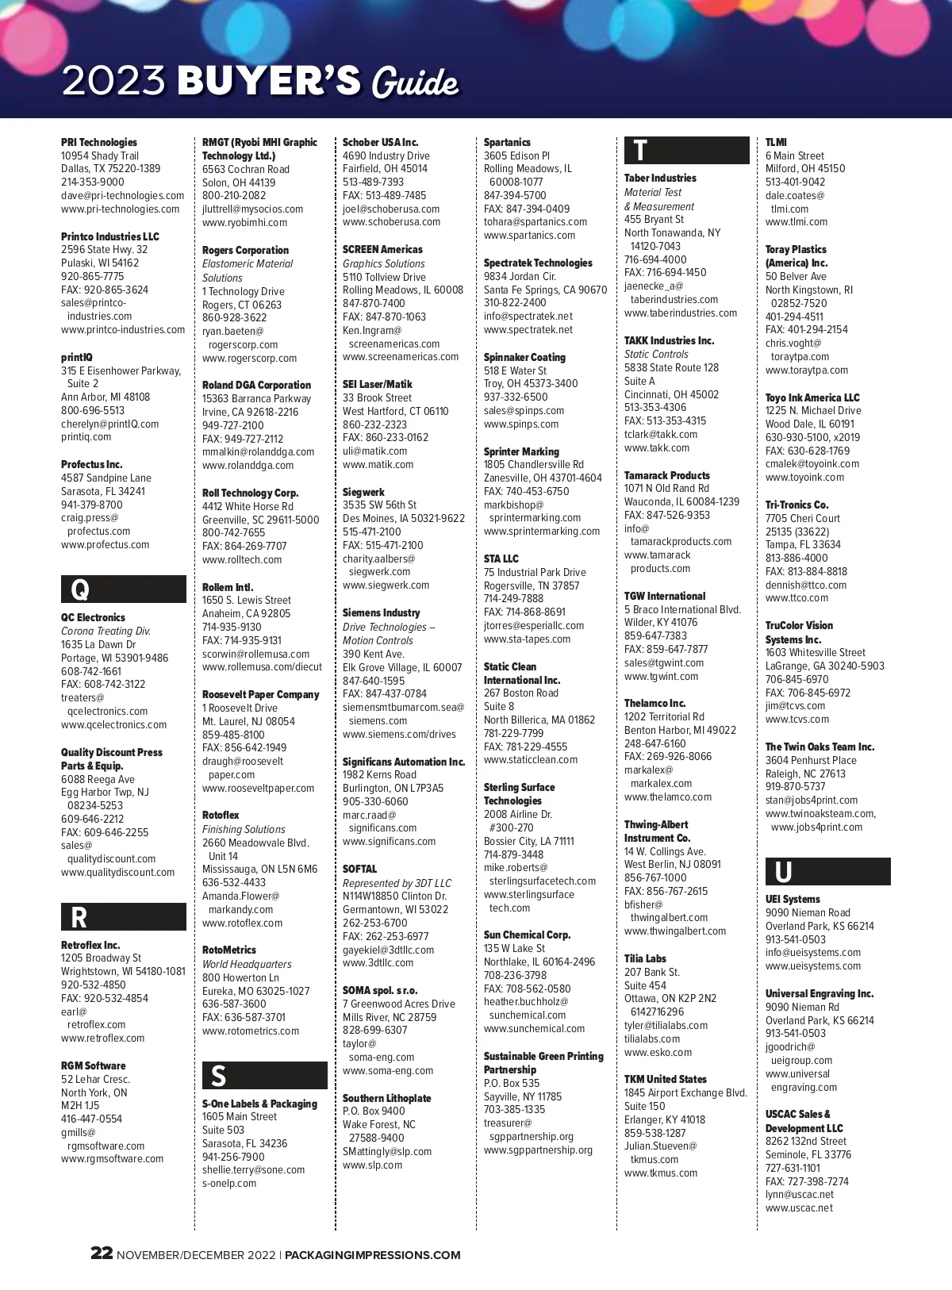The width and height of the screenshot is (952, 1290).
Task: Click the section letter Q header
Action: pyautogui.click(x=80, y=590)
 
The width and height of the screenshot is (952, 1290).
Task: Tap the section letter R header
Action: pyautogui.click(x=79, y=918)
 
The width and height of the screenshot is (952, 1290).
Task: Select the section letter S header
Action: pyautogui.click(x=218, y=1076)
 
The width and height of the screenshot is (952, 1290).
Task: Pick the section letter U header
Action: pyautogui.click(x=783, y=872)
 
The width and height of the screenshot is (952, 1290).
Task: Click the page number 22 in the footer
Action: pyautogui.click(x=102, y=1254)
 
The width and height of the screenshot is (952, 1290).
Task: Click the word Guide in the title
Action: pyautogui.click(x=416, y=83)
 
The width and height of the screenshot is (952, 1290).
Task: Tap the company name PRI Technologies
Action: pyautogui.click(x=99, y=143)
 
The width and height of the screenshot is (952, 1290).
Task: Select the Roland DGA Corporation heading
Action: pyautogui.click(x=256, y=386)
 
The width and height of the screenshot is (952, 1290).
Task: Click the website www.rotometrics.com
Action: pyautogui.click(x=251, y=1031)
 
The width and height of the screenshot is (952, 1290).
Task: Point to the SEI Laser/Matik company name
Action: pyautogui.click(x=378, y=385)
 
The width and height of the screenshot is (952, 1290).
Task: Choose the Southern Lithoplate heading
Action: pyautogui.click(x=387, y=1099)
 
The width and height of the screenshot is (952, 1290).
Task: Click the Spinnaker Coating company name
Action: pyautogui.click(x=524, y=358)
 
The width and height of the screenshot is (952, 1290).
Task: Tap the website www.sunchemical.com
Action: pyautogui.click(x=534, y=1029)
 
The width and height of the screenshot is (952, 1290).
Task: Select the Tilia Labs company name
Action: pyautogui.click(x=645, y=959)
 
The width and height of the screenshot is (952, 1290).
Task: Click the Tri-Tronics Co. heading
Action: pyautogui.click(x=797, y=505)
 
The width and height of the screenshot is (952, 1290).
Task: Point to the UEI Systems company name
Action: pyautogui.click(x=793, y=900)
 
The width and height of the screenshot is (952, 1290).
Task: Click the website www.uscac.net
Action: pyautogui.click(x=799, y=1208)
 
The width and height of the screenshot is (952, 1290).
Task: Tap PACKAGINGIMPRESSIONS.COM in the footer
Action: pyautogui.click(x=372, y=1255)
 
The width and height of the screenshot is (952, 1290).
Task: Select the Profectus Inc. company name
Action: pyautogui.click(x=92, y=465)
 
